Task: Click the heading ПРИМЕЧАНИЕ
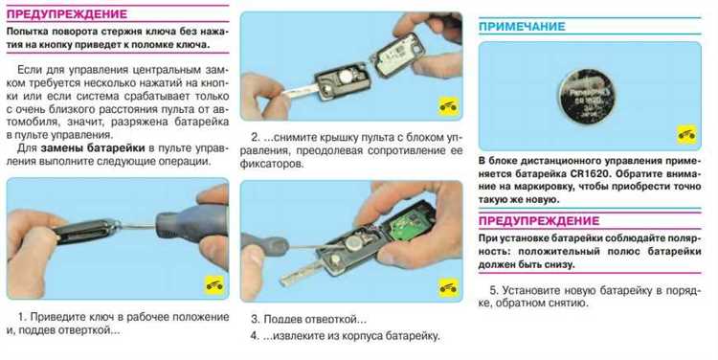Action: (x=522, y=27)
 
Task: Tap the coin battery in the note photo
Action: (x=587, y=97)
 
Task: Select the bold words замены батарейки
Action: (x=93, y=148)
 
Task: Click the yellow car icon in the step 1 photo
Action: (x=213, y=285)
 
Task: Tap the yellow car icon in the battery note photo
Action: (x=686, y=135)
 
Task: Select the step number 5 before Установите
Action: (x=494, y=291)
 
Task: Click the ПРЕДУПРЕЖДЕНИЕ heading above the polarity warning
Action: (x=539, y=222)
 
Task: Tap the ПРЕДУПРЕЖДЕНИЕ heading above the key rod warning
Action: (x=67, y=13)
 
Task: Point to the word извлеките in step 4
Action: (x=296, y=336)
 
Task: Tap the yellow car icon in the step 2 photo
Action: (x=448, y=106)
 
